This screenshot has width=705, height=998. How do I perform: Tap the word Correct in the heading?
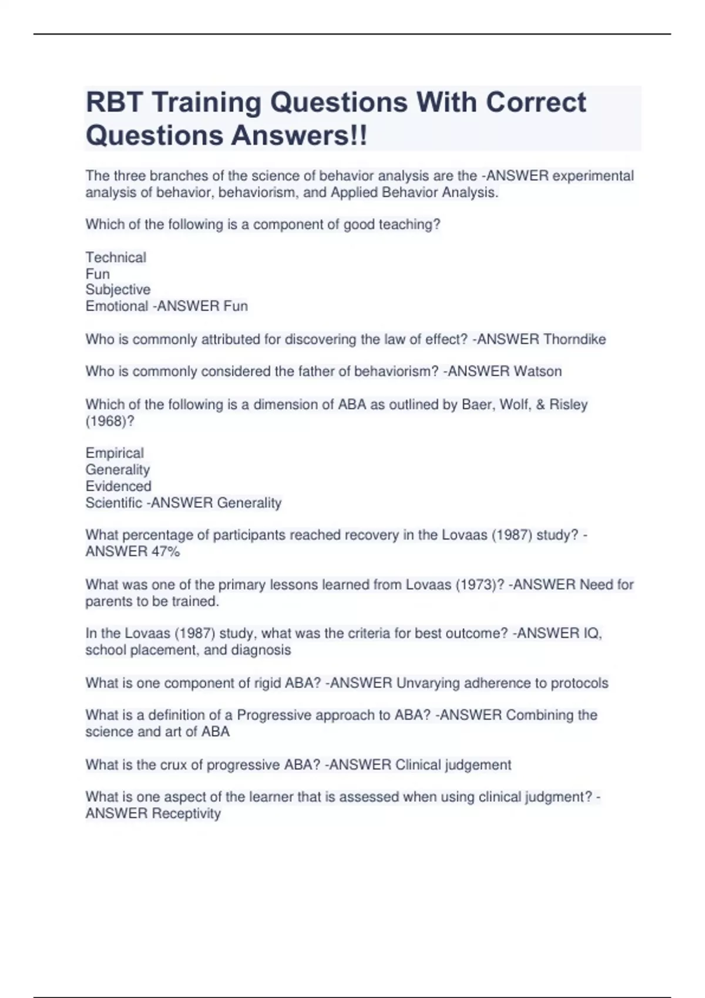click(x=535, y=103)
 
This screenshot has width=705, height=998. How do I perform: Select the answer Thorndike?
click(x=575, y=339)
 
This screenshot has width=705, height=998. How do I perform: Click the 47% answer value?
click(x=166, y=552)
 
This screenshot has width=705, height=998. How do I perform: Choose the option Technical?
click(x=116, y=258)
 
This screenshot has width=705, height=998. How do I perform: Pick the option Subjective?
click(x=118, y=290)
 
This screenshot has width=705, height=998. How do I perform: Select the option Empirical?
click(x=115, y=453)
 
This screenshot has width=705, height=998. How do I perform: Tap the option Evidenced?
click(x=118, y=486)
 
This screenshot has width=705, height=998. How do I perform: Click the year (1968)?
click(x=109, y=422)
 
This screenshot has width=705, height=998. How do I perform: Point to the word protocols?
click(x=579, y=683)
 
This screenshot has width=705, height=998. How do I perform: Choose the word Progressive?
click(x=274, y=716)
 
